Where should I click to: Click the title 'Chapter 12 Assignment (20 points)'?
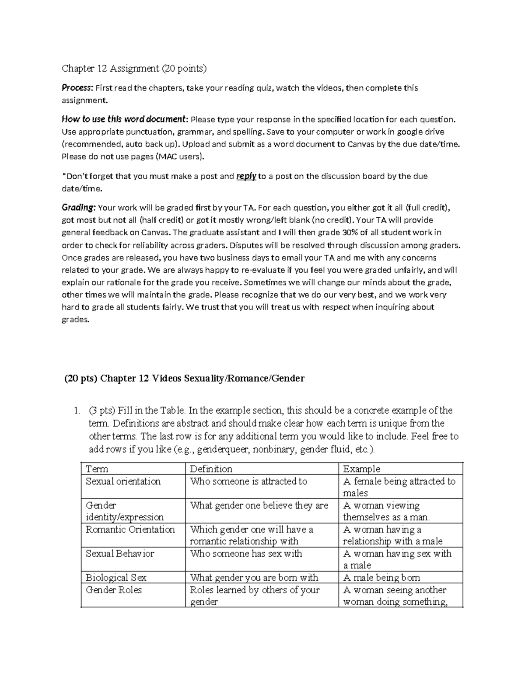pyautogui.click(x=133, y=68)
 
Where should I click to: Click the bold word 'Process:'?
pyautogui.click(x=77, y=88)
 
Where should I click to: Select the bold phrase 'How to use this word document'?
pyautogui.click(x=124, y=119)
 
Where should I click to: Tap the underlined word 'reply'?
pyautogui.click(x=246, y=177)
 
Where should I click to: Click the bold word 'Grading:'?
pyautogui.click(x=79, y=208)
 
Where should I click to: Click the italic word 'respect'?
pyautogui.click(x=336, y=307)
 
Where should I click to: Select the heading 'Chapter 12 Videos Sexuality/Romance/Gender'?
pyautogui.click(x=202, y=378)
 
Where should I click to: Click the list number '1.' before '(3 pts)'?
pyautogui.click(x=77, y=411)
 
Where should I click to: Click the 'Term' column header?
pyautogui.click(x=97, y=469)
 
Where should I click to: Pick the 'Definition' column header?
pyautogui.click(x=211, y=469)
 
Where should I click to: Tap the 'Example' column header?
pyautogui.click(x=361, y=469)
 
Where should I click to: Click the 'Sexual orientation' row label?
pyautogui.click(x=123, y=481)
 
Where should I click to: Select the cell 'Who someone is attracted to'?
pyautogui.click(x=248, y=481)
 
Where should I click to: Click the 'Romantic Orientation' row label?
pyautogui.click(x=130, y=529)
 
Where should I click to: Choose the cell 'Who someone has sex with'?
pyautogui.click(x=246, y=554)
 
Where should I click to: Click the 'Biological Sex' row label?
pyautogui.click(x=116, y=578)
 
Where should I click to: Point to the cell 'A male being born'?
pyautogui.click(x=381, y=578)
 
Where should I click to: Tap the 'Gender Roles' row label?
pyautogui.click(x=114, y=590)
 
